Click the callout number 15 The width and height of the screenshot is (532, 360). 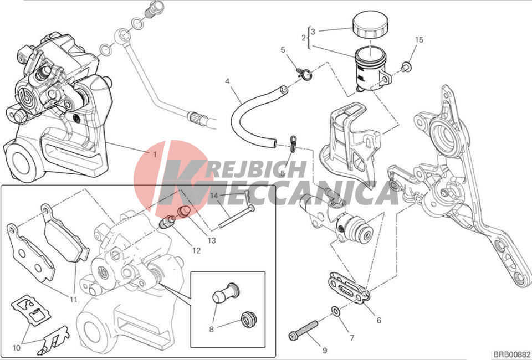coord(419,40)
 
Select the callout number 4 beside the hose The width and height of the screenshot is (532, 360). coord(227,81)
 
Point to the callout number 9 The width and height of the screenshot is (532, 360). coord(325,351)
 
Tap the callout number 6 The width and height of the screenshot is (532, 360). coord(379,320)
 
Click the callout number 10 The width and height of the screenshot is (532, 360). coord(17,348)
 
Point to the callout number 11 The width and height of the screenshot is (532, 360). coord(74,299)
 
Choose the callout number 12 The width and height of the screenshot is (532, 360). coord(196,251)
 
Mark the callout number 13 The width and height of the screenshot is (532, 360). coord(211,240)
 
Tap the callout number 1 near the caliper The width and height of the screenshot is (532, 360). coord(155,154)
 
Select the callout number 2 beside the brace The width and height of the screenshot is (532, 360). coord(304,38)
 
